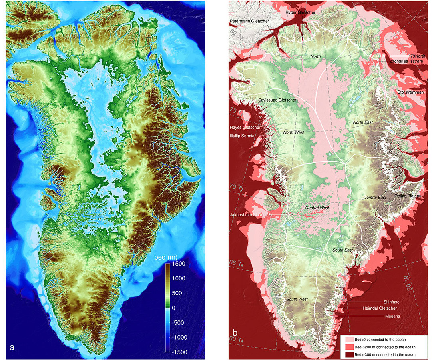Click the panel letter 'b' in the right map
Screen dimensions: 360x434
coord(235,332)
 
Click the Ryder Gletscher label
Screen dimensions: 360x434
coord(300,12)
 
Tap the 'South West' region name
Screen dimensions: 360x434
coord(297,299)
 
